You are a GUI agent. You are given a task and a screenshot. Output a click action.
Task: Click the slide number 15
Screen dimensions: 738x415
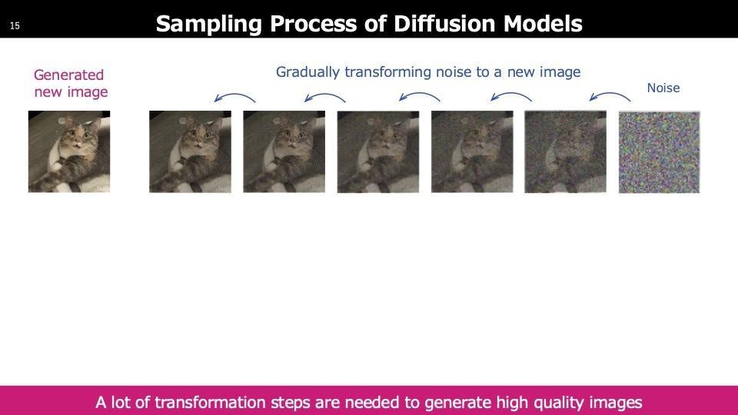(x=15, y=26)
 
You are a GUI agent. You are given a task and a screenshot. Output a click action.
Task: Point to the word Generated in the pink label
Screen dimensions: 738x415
(x=68, y=75)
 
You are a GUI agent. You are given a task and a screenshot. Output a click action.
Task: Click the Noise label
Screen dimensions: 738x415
(x=663, y=88)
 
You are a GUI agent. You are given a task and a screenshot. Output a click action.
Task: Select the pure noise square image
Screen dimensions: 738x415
(x=659, y=152)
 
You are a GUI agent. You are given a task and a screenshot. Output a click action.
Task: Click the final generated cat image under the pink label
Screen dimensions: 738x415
(x=69, y=151)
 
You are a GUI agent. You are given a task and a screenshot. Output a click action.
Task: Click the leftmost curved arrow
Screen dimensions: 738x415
(x=234, y=96)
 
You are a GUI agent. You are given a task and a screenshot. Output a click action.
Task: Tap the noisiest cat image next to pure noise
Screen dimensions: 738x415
(x=565, y=151)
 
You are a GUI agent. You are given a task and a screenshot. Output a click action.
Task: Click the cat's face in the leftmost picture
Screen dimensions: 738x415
(x=78, y=135)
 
